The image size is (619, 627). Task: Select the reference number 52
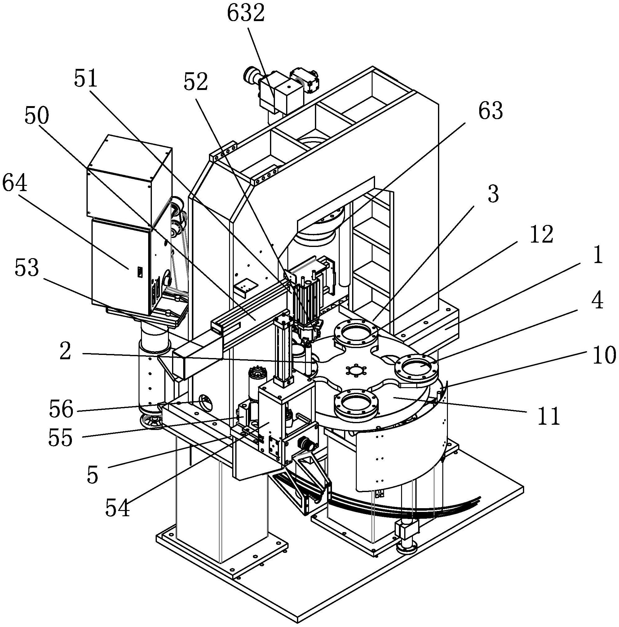(196, 82)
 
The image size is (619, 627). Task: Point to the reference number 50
(37, 116)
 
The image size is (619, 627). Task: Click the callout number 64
(15, 184)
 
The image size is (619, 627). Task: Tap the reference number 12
(541, 234)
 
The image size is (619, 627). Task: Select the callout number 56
(61, 409)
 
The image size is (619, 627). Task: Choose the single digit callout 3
(493, 194)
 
